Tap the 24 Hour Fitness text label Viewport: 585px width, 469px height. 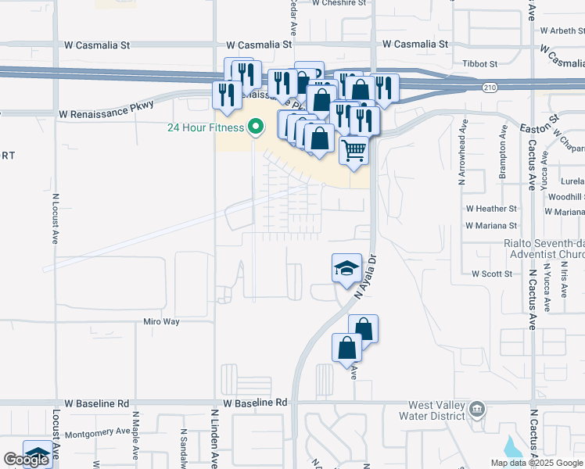coord(206,128)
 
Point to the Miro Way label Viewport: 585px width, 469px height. coord(162,321)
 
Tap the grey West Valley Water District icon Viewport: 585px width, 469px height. coord(476,410)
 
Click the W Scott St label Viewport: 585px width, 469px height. coord(491,274)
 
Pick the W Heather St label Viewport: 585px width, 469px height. coord(491,209)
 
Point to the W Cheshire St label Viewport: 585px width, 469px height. coord(339,3)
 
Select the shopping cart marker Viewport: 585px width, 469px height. coord(354,149)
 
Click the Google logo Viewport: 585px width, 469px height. coord(25,460)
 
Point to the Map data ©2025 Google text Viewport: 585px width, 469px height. coord(537,463)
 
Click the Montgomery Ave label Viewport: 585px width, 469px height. coord(97,431)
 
